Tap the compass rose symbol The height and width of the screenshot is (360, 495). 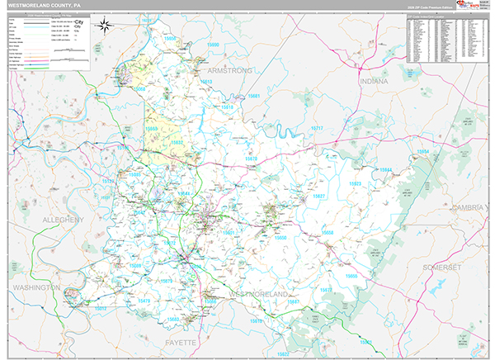pyautogui.click(x=105, y=26)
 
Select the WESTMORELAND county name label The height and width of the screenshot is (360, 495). pyautogui.click(x=257, y=294)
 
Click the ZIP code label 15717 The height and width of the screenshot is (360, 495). pyautogui.click(x=317, y=129)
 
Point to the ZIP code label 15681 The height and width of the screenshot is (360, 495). pyautogui.click(x=254, y=97)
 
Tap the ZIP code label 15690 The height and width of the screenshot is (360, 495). pyautogui.click(x=214, y=45)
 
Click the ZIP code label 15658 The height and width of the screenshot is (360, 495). pyautogui.click(x=328, y=233)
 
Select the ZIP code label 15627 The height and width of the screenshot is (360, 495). pyautogui.click(x=318, y=197)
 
